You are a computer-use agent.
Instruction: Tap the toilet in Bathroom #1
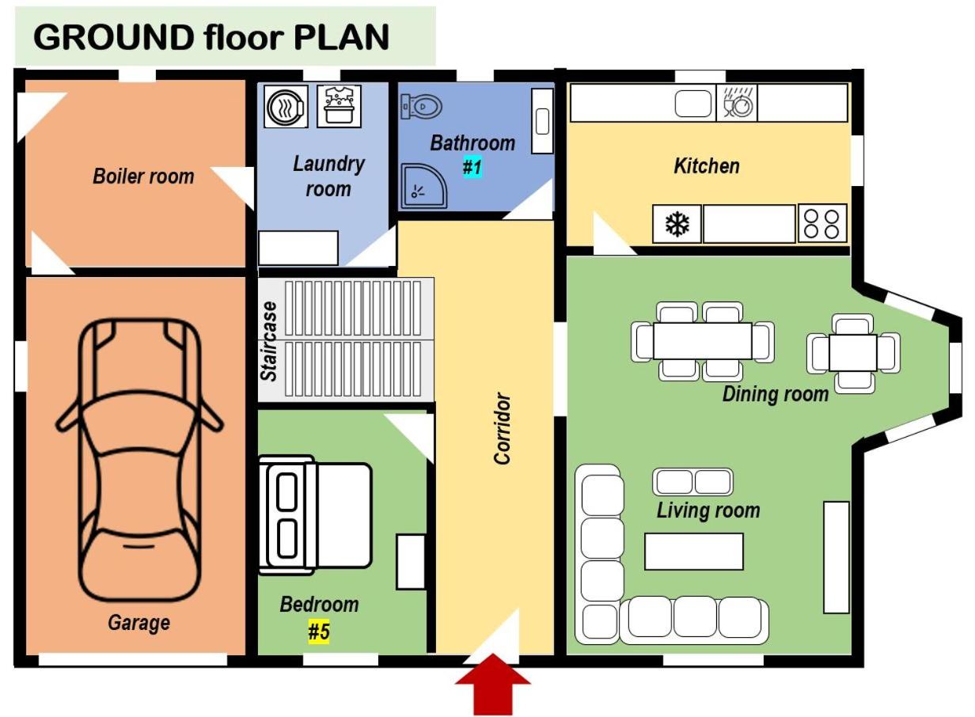tap(421, 106)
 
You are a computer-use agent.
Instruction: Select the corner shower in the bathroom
tap(423, 186)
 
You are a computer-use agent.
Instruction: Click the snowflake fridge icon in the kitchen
tap(677, 224)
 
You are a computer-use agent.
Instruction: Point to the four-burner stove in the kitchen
tap(822, 224)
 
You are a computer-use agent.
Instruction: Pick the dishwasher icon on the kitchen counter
tap(737, 103)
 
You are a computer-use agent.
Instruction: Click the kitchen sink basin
tap(693, 103)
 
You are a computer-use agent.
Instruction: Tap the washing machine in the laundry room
tap(286, 106)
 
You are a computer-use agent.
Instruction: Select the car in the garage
tap(139, 459)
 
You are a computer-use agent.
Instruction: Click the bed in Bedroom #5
tap(315, 515)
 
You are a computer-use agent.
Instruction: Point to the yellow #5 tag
tap(319, 632)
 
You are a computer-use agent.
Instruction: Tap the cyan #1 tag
tap(472, 167)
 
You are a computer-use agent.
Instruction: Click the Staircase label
tap(269, 341)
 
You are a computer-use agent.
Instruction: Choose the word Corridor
tap(502, 428)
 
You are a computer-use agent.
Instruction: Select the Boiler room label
tap(144, 176)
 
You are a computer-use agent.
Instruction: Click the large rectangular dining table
tap(702, 341)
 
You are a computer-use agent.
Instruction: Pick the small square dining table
tap(852, 353)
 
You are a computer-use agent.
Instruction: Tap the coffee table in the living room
tap(694, 551)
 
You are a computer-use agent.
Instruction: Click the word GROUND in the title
tap(114, 37)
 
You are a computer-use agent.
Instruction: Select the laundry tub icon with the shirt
tap(339, 106)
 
